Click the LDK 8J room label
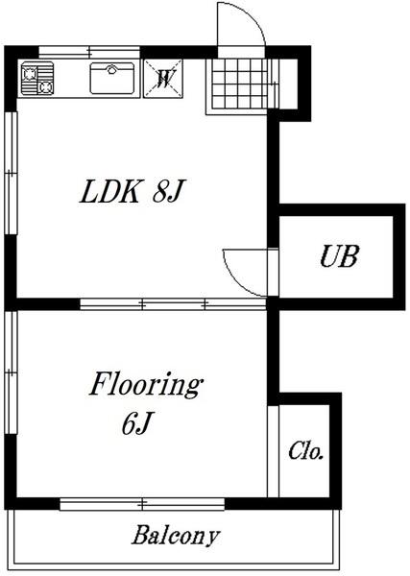[x=132, y=191]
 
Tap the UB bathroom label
[x=339, y=256]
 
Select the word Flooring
[x=146, y=385]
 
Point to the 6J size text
[x=136, y=423]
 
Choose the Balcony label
[x=176, y=536]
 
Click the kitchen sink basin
[x=112, y=78]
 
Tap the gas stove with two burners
[x=37, y=79]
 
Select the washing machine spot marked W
[x=163, y=79]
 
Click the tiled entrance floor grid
[x=240, y=84]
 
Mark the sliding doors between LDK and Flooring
[x=173, y=303]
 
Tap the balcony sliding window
[x=142, y=504]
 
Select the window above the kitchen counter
[x=89, y=52]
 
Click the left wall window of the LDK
[x=11, y=172]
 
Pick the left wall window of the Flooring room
[x=11, y=372]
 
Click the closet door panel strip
[x=273, y=451]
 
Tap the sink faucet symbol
[x=111, y=69]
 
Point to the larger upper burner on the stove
[x=29, y=74]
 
